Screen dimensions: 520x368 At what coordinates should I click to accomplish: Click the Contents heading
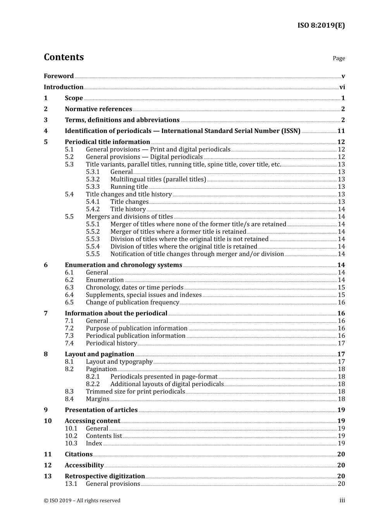click(x=64, y=57)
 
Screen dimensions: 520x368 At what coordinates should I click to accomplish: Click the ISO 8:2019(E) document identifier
click(x=321, y=26)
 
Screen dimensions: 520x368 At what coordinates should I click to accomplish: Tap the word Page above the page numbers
click(x=339, y=58)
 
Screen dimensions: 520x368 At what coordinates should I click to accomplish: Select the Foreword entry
click(x=58, y=76)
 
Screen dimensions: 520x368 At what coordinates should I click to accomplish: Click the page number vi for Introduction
click(x=342, y=87)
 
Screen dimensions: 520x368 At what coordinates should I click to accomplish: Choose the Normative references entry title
click(x=98, y=109)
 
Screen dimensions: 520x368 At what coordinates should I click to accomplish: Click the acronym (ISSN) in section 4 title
click(x=290, y=131)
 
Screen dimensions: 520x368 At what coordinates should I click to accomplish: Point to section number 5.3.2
click(x=93, y=180)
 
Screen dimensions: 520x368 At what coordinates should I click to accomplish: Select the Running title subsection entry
click(x=129, y=187)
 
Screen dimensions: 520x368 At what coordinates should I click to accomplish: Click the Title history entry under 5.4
click(x=128, y=209)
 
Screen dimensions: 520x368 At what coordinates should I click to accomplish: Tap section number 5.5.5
click(x=93, y=254)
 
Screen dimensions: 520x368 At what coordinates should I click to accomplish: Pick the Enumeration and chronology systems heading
click(x=123, y=265)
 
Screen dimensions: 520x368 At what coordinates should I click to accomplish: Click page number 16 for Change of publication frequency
click(x=341, y=303)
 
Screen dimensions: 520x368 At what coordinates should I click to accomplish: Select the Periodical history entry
click(x=111, y=344)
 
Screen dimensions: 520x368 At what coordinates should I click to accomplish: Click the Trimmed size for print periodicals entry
click(x=135, y=392)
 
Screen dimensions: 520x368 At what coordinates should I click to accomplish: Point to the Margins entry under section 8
click(x=98, y=399)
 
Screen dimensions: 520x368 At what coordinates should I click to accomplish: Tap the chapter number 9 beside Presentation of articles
click(x=46, y=410)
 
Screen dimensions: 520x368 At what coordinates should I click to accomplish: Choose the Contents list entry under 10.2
click(x=104, y=436)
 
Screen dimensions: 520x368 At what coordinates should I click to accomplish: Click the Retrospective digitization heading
click(x=105, y=476)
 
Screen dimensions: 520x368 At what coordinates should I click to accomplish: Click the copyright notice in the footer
click(x=82, y=501)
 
